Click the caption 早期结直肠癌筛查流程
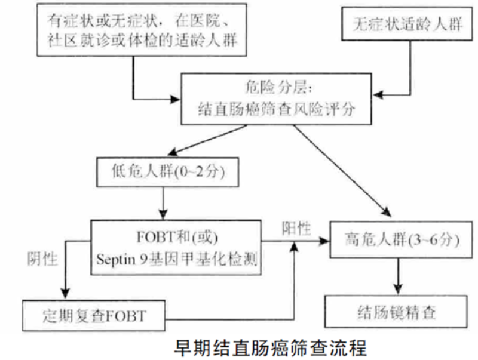pyautogui.click(x=269, y=346)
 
